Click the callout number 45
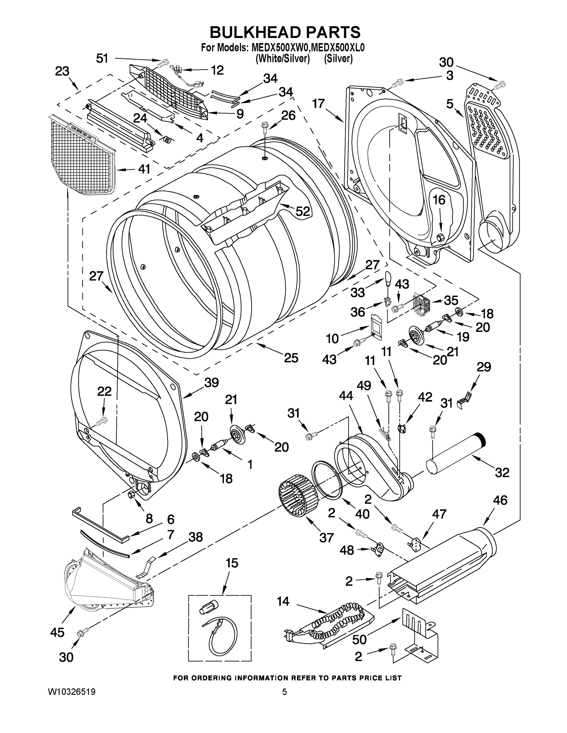[x=57, y=632]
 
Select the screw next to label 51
[x=164, y=62]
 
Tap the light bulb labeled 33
[x=388, y=278]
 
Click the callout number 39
[x=212, y=382]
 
